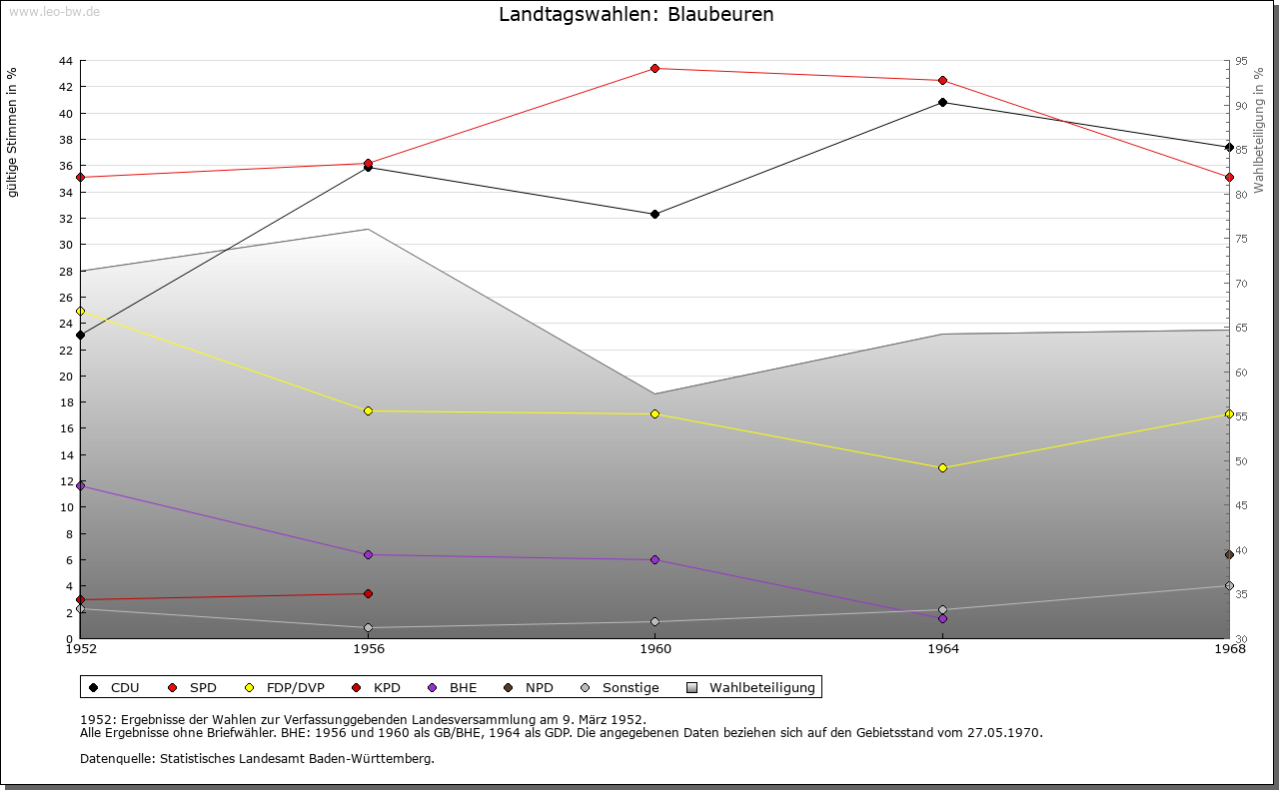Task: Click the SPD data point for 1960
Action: pos(654,69)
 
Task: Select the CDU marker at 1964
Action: pos(942,102)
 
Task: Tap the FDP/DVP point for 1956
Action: pos(368,410)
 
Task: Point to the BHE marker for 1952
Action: pos(81,485)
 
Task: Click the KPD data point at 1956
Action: pos(368,593)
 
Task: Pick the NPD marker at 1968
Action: pos(1229,554)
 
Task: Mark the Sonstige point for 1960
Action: pos(654,621)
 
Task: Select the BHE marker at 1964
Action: pos(942,618)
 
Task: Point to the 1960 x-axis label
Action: pos(654,649)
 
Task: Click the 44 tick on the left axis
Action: pos(65,61)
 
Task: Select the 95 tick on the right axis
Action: pos(1241,61)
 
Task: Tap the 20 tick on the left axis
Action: pos(65,377)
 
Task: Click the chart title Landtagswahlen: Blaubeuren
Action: pos(636,15)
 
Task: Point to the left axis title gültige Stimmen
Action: pos(12,132)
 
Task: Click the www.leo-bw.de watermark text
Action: pos(53,11)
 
